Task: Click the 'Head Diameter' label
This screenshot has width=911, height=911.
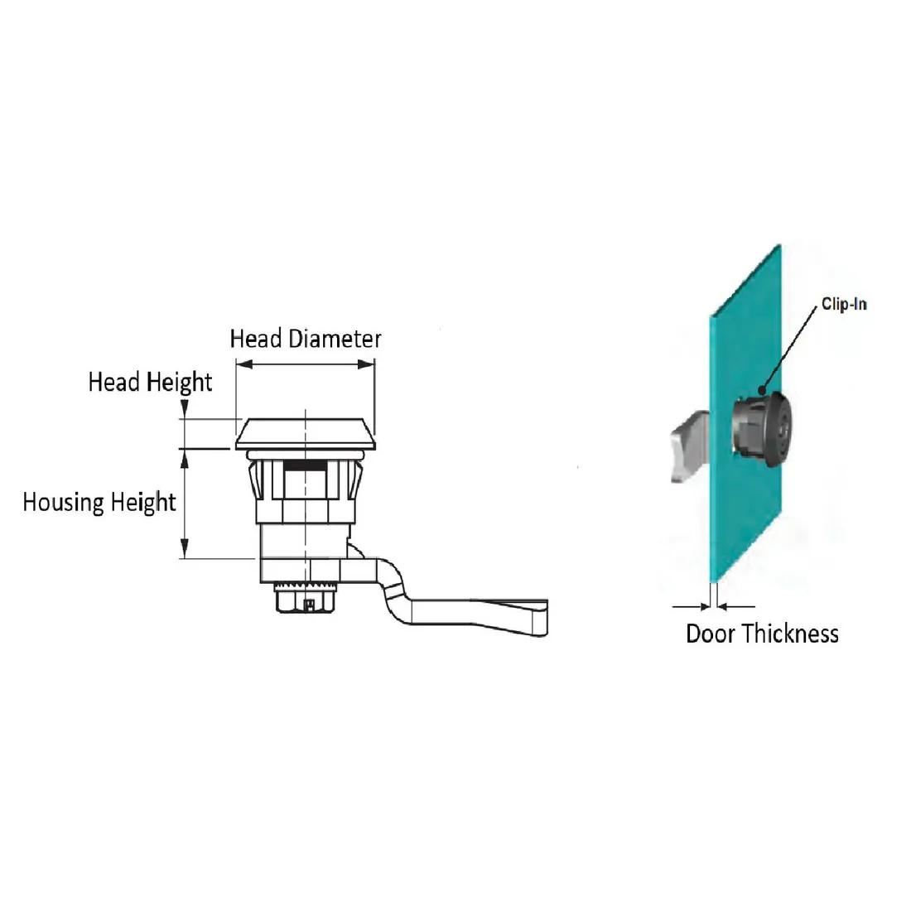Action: [306, 339]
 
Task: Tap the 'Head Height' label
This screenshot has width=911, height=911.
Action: [150, 383]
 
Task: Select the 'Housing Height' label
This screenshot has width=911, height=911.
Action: [99, 503]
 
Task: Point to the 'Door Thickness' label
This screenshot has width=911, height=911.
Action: [762, 634]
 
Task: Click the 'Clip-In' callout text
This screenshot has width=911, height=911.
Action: [844, 304]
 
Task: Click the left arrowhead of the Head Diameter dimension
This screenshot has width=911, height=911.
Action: [245, 364]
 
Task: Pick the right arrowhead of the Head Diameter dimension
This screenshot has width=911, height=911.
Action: [365, 364]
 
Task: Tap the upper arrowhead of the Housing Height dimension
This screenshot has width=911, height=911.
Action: [185, 459]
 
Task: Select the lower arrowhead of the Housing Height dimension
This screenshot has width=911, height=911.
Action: [185, 548]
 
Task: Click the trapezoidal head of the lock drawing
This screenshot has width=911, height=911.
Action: [306, 434]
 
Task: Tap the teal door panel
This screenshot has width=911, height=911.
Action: [745, 413]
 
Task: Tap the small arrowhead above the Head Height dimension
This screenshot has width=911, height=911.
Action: [185, 409]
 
